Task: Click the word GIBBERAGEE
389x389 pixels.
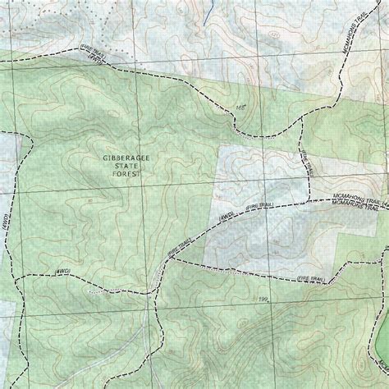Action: (122, 157)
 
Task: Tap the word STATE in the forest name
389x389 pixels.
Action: (122, 166)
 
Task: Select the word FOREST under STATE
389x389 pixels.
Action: (122, 175)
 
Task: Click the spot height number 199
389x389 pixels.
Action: (263, 300)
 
